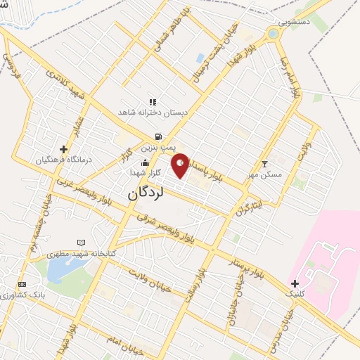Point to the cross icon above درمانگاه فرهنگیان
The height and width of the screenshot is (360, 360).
point(63,149)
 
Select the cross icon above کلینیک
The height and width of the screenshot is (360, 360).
point(295,283)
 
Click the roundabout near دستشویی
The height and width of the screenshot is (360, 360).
point(273,34)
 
